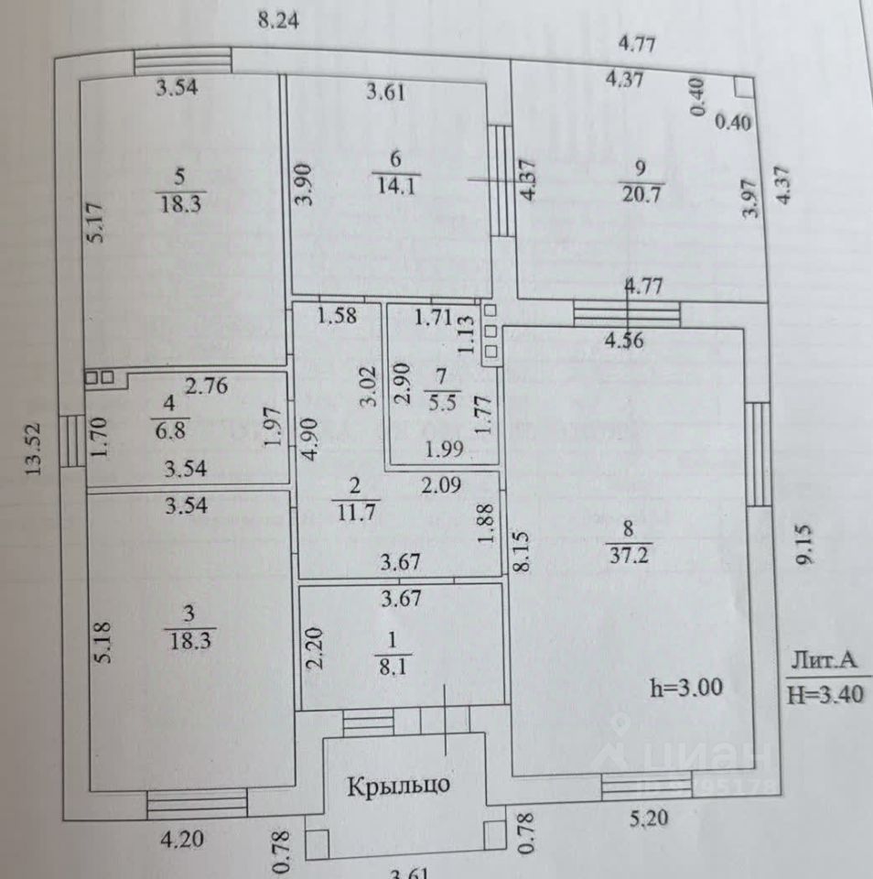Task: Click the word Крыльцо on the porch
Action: tap(398, 785)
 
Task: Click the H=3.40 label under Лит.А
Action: tap(824, 694)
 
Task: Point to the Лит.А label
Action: tap(824, 662)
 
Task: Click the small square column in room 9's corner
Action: tap(743, 86)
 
